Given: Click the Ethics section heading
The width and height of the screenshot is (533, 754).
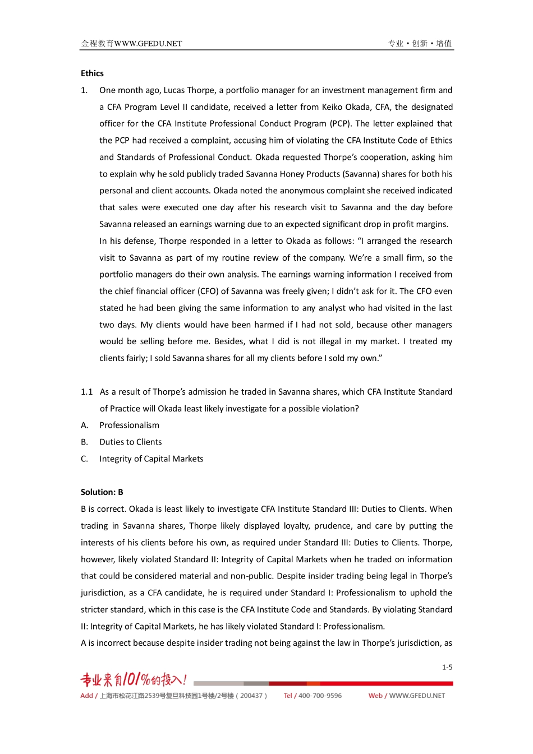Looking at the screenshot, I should pos(92,73).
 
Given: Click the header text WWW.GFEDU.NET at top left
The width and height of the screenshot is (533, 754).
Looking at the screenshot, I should pos(148,43).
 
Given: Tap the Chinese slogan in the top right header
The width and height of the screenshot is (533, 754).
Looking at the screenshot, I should pos(420,43).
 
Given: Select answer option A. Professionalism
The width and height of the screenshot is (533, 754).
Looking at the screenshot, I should pos(129,425).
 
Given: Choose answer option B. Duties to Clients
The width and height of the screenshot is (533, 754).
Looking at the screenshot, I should pos(130,442).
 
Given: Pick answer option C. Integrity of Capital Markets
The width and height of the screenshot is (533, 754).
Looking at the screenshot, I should pos(151,459).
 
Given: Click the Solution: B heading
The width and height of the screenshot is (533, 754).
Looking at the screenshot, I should pos(102,492).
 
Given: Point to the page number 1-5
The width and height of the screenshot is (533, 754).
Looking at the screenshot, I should pos(447,667).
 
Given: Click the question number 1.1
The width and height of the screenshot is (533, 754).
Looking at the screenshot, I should pos(86,392).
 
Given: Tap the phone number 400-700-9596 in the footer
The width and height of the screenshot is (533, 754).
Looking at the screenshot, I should pos(320,696).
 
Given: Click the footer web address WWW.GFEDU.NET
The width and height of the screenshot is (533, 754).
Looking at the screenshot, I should pos(417,696).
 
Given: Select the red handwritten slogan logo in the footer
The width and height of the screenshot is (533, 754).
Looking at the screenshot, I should pos(134,680).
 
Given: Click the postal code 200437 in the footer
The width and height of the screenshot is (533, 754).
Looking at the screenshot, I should pos(251,696).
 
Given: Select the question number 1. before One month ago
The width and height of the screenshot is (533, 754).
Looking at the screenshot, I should pos(84,90).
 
